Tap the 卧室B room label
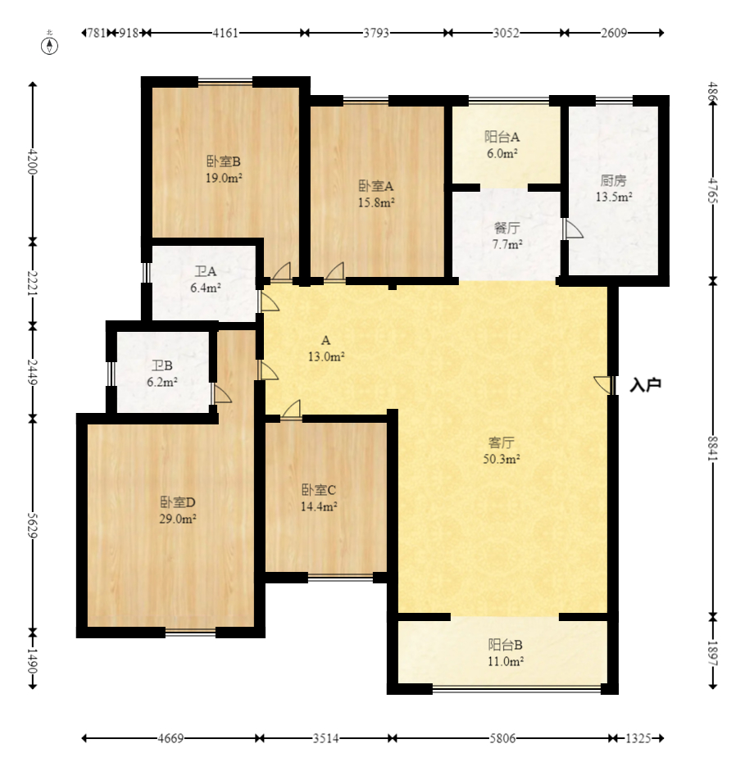point(223,161)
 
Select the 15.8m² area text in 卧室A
point(376,202)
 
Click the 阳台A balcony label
point(502,136)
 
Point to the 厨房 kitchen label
point(613,180)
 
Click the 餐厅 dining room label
point(507,228)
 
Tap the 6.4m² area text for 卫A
point(206,288)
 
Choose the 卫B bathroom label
point(161,365)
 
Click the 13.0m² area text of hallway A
point(326,356)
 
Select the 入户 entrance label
point(645,385)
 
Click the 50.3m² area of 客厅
point(502,460)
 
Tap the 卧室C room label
point(319,490)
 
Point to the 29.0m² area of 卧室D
point(178,519)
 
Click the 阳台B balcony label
point(505,644)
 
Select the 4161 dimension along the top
point(225,33)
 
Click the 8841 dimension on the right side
point(712,448)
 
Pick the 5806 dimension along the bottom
point(502,738)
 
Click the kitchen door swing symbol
point(572,229)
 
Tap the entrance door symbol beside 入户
point(604,384)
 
